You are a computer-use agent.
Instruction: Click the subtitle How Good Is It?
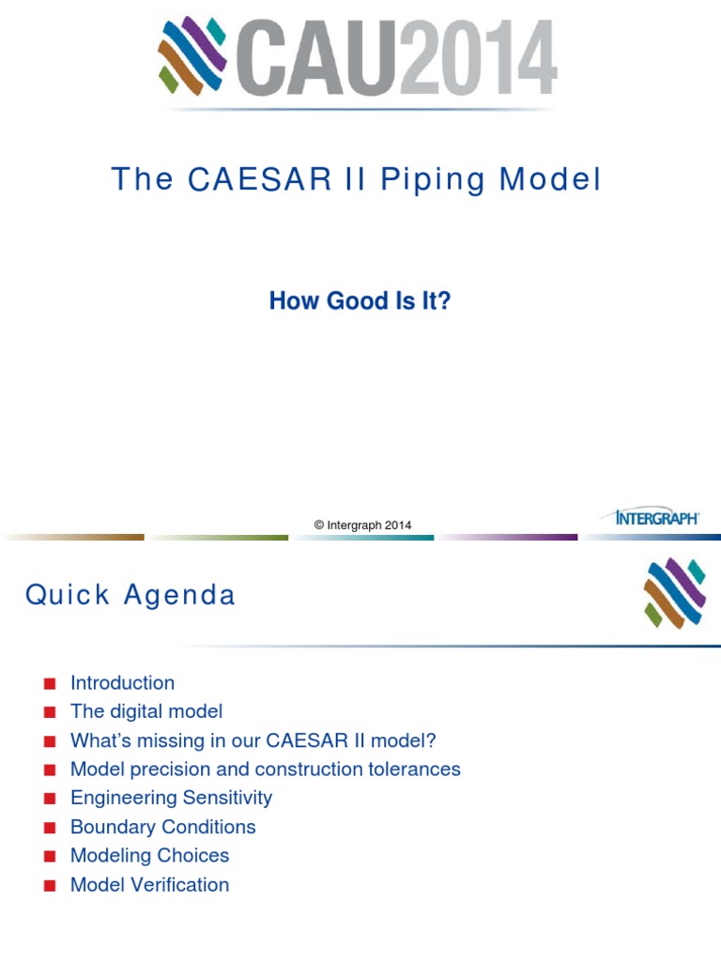360,301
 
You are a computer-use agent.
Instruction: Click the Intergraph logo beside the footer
657,517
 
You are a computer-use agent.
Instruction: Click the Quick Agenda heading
130,595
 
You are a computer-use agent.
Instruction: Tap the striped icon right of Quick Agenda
674,593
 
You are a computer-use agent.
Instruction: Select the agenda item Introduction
122,683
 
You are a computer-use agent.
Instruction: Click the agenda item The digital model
146,712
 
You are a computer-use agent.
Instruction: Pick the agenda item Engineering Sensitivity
171,799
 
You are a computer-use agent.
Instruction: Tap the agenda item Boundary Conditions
162,827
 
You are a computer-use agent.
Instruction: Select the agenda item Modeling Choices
149,856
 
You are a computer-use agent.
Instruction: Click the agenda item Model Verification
149,885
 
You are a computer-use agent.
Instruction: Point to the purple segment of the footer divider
507,538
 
